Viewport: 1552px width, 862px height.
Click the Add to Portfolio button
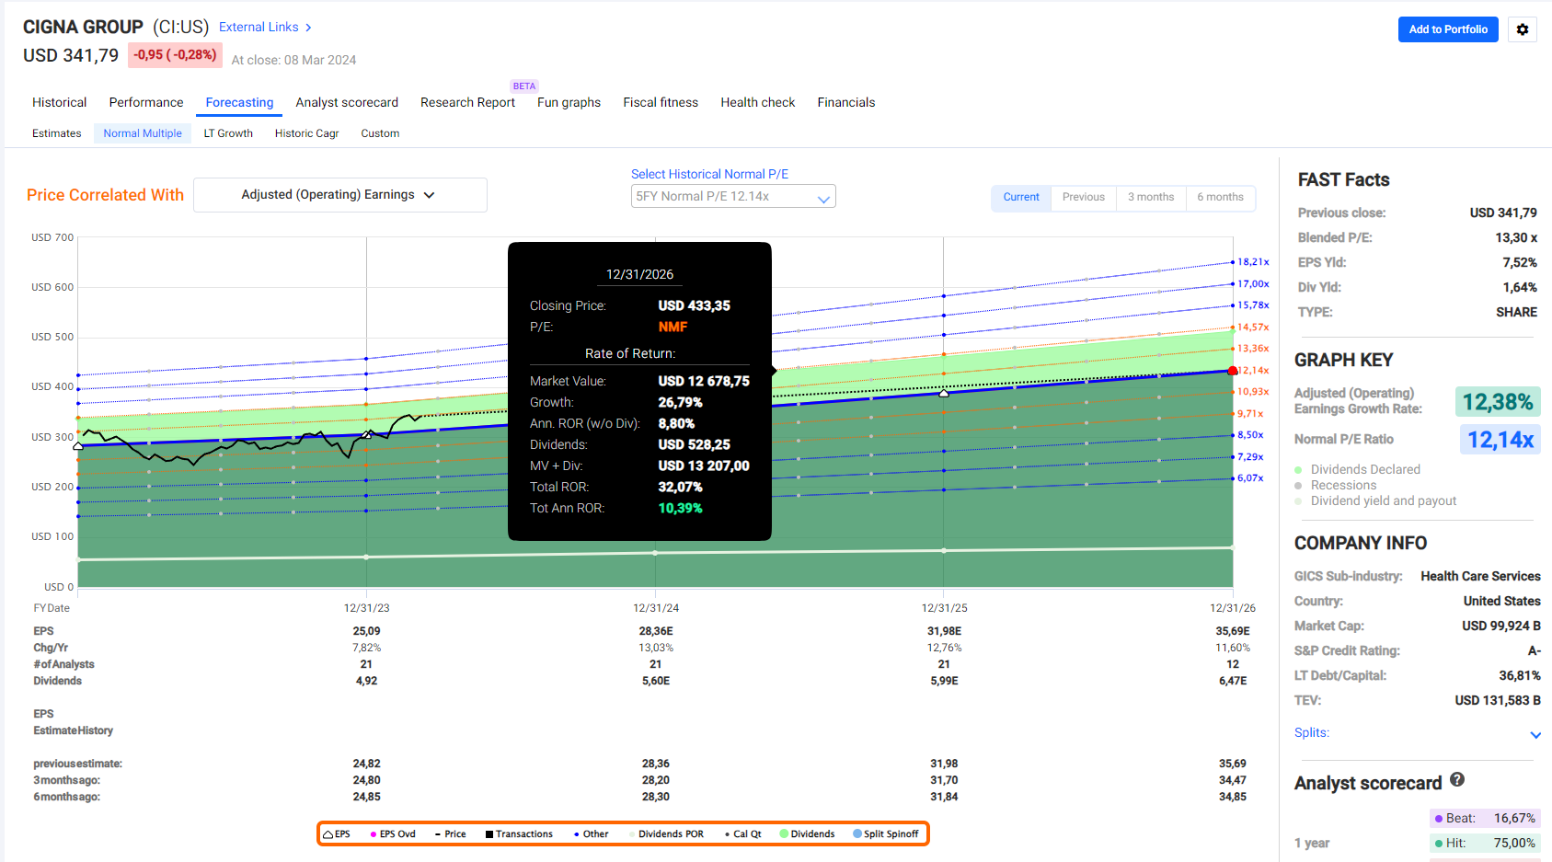point(1447,29)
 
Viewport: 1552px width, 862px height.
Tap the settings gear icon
point(1523,29)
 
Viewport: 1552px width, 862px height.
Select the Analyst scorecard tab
point(347,102)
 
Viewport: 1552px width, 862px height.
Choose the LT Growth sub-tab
point(228,133)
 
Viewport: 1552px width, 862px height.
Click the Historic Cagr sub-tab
point(307,133)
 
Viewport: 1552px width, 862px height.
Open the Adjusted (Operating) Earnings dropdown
point(340,195)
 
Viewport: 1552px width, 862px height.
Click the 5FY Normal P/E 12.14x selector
point(733,196)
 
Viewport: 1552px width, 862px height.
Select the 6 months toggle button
point(1220,197)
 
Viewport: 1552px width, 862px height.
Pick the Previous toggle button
point(1084,197)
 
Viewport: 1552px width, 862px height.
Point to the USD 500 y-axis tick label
point(52,337)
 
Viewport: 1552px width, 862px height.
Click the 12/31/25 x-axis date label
point(945,608)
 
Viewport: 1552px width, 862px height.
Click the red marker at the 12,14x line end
point(1233,371)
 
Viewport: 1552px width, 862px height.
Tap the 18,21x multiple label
point(1253,262)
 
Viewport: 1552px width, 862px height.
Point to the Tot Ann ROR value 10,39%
point(681,508)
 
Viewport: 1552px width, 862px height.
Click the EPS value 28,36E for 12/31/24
point(656,631)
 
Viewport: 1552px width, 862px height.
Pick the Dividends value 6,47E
point(1233,681)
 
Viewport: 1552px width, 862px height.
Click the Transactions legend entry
point(519,833)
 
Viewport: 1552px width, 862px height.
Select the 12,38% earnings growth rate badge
point(1498,402)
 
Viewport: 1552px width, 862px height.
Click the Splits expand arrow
point(1535,734)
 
